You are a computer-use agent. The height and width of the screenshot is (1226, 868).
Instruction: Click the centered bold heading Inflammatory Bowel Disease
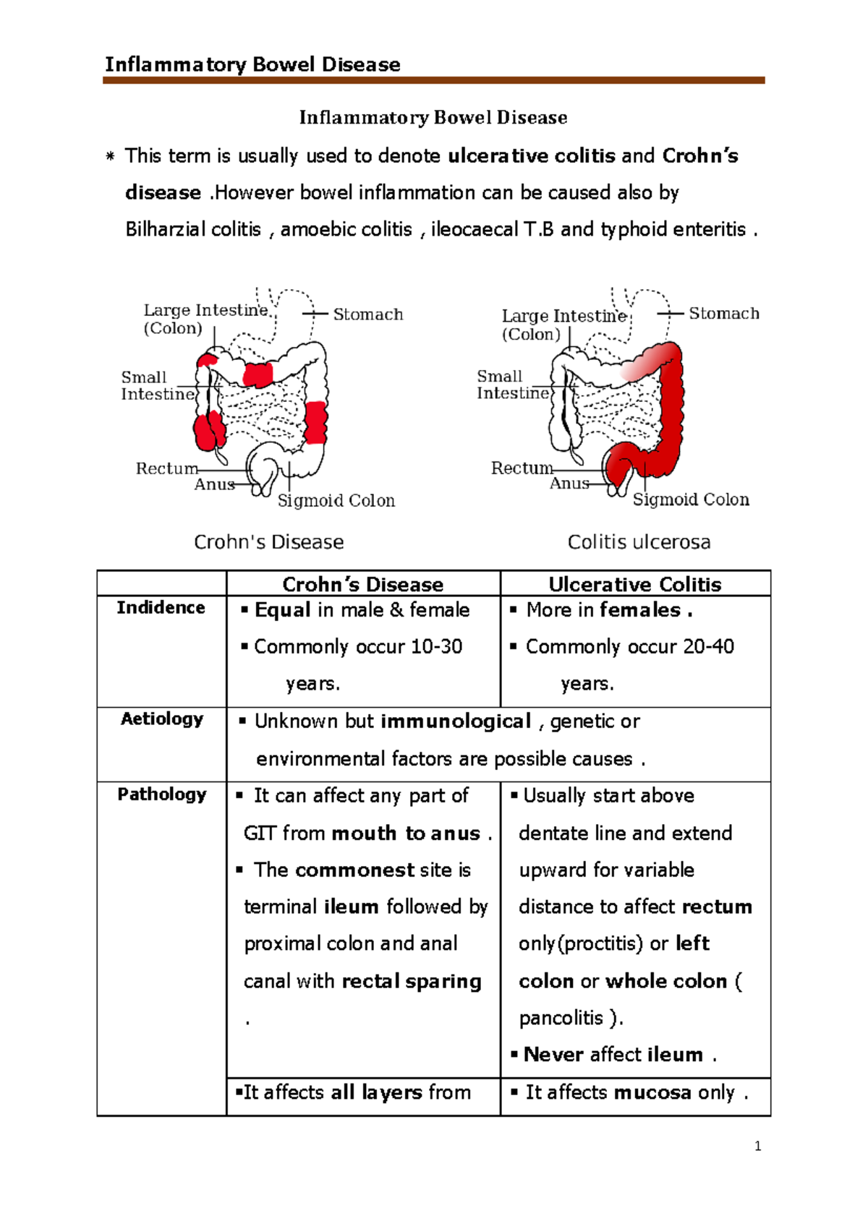(433, 117)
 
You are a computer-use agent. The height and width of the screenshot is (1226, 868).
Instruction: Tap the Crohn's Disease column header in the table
(362, 584)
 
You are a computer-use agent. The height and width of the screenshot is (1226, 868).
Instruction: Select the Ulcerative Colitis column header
(634, 584)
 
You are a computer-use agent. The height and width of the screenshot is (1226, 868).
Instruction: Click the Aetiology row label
(161, 719)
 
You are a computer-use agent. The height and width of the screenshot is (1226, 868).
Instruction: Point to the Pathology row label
(161, 794)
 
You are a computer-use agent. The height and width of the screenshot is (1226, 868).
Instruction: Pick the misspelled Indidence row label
(161, 607)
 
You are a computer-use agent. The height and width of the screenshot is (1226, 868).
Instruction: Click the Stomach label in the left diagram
(367, 314)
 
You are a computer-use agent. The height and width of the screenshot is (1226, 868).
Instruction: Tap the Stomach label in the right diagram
(723, 314)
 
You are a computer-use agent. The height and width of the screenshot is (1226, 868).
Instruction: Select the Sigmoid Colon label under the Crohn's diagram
(336, 501)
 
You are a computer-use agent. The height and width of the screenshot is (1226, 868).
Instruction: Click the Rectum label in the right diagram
(522, 468)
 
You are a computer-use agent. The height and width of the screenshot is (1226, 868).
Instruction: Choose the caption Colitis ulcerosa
(639, 542)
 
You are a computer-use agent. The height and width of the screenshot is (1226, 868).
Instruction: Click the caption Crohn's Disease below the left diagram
(268, 542)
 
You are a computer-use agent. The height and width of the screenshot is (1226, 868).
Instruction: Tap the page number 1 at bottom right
(757, 1146)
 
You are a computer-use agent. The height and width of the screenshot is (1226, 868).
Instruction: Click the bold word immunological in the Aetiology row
(456, 721)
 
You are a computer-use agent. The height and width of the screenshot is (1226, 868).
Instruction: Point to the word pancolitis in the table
(561, 1018)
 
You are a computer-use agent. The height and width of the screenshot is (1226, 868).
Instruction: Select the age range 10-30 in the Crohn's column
(436, 646)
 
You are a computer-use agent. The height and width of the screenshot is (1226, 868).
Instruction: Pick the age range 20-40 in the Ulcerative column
(708, 646)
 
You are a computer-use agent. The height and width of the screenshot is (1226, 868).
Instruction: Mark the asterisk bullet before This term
(110, 156)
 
